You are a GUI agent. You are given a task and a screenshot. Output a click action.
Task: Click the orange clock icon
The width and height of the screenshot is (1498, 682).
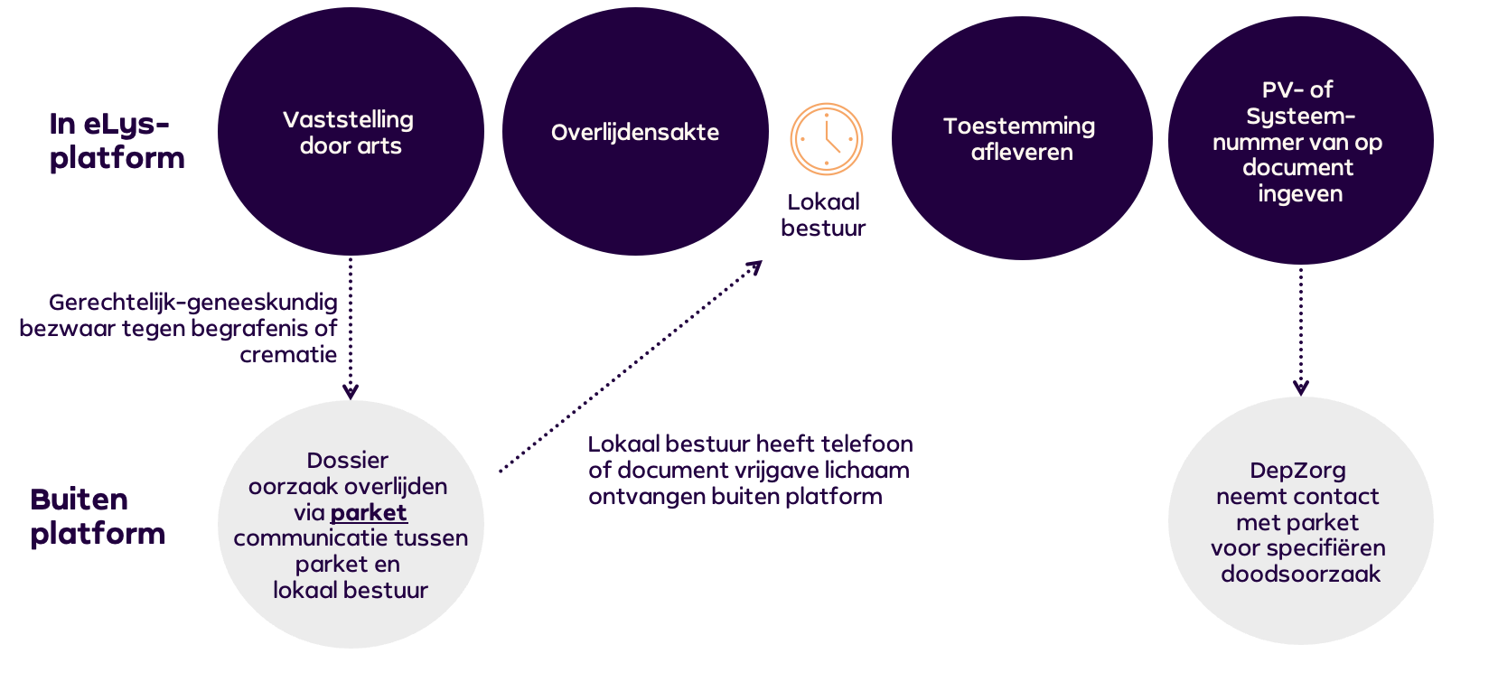(x=827, y=139)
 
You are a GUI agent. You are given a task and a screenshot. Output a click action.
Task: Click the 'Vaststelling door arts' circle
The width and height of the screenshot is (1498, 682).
(x=351, y=132)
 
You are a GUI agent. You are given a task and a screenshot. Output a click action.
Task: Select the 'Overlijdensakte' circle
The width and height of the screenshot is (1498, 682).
(x=635, y=132)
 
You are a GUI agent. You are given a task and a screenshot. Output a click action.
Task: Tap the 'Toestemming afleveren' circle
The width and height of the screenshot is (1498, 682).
(x=1022, y=138)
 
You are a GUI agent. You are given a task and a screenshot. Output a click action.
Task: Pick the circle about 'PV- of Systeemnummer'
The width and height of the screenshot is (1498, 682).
(x=1300, y=141)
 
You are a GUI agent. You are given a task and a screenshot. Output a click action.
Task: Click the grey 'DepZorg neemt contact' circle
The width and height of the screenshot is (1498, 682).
(x=1300, y=521)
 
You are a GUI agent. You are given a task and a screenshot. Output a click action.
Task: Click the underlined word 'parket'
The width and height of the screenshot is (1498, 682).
(x=369, y=512)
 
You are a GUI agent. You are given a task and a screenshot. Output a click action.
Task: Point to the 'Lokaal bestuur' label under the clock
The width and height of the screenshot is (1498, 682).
(x=823, y=215)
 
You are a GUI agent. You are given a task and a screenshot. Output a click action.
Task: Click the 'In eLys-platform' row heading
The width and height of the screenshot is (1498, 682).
(x=117, y=140)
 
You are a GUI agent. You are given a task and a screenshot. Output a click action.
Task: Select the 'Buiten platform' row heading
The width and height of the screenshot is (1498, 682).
(x=98, y=516)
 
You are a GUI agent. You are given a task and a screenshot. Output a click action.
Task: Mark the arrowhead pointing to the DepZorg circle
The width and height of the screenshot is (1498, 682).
(x=1301, y=388)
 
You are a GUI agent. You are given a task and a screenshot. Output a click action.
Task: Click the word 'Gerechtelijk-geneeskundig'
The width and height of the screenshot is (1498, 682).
(x=192, y=302)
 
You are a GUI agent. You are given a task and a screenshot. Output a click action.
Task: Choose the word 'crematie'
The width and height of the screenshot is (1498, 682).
(x=288, y=354)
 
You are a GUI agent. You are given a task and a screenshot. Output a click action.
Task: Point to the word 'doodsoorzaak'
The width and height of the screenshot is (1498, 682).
(x=1300, y=574)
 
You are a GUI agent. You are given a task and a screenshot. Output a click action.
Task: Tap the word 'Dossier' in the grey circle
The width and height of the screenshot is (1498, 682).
(x=348, y=460)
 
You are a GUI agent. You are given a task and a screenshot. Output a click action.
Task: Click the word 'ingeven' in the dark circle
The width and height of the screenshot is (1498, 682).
(x=1300, y=193)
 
